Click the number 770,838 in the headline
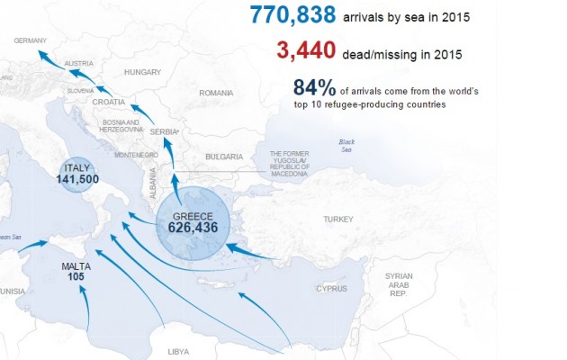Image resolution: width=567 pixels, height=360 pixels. coord(293,15)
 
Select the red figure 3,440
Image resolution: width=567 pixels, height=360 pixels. coord(308,53)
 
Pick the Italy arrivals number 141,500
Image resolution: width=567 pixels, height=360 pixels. coord(76,179)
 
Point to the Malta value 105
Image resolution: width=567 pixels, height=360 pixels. coord(76,277)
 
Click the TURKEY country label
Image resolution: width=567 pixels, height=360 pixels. coord(340,220)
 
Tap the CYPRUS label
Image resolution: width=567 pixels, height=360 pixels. coord(330,289)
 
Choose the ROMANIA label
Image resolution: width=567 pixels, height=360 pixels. coord(216,93)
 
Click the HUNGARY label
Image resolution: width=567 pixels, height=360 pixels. coord(142,72)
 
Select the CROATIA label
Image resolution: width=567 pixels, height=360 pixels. coord(108,103)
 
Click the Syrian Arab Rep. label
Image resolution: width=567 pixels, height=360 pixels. coord(398,283)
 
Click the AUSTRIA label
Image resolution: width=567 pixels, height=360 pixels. coord(80,63)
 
